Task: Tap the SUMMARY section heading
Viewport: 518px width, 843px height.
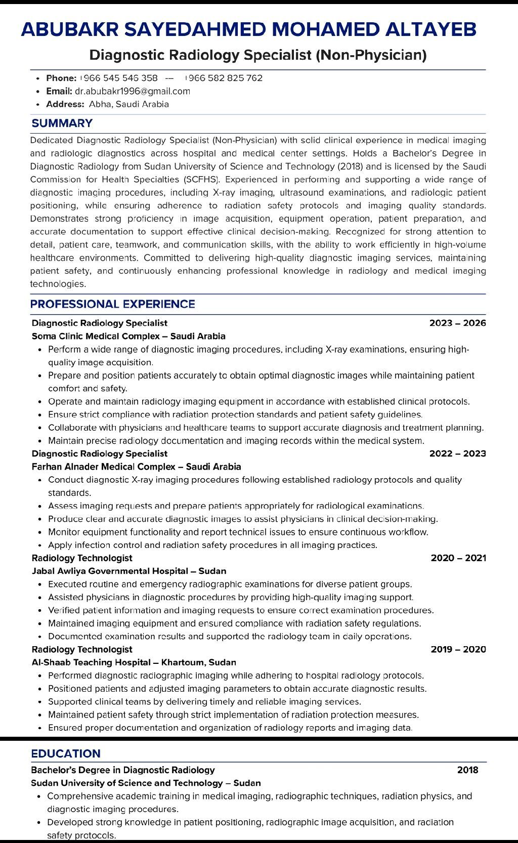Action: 62,123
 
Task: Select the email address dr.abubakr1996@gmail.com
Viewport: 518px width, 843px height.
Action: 133,91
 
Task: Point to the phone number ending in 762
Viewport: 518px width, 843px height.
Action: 224,78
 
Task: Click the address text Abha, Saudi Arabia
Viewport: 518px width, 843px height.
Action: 129,104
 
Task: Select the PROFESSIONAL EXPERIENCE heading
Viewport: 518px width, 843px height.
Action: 112,304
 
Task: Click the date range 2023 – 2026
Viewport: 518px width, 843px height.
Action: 457,323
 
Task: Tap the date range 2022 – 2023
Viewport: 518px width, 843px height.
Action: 457,453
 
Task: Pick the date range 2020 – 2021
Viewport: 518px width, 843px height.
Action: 458,558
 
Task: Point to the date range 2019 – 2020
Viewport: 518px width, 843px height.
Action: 458,649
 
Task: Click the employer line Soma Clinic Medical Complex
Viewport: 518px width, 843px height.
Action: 128,336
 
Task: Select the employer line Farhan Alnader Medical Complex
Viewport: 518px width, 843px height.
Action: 136,467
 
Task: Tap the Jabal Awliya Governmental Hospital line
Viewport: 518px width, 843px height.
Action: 129,571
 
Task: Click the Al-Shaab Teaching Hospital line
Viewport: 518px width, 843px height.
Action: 134,662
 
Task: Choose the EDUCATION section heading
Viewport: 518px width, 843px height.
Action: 66,753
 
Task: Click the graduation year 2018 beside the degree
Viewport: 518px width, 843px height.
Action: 467,770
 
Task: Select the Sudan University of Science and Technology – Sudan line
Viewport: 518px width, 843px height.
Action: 146,783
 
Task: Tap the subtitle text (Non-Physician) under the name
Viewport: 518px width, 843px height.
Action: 371,55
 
